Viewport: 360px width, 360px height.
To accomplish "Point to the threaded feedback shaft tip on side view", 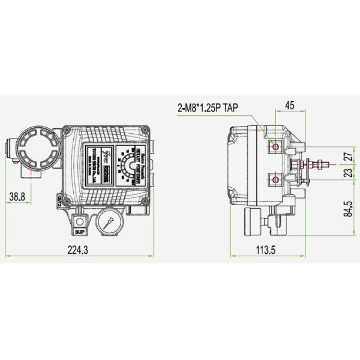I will (322, 161).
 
